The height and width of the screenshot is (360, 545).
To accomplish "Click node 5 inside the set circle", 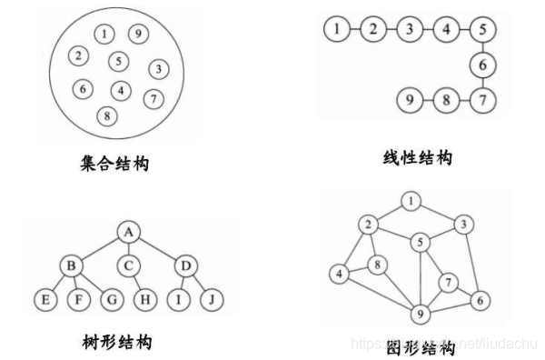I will click(117, 61).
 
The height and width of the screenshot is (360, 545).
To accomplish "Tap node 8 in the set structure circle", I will click(108, 115).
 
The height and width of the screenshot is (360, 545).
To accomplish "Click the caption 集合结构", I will click(114, 165).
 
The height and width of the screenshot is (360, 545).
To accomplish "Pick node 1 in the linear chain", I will click(336, 29).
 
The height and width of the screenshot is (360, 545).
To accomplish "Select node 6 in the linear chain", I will click(483, 65).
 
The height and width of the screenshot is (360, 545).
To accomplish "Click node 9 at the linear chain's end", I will click(410, 97).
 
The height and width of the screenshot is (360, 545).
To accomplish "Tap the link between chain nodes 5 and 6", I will click(483, 46).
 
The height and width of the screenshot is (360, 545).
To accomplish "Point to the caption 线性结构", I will click(417, 158).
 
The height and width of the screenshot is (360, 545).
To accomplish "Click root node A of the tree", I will click(129, 232).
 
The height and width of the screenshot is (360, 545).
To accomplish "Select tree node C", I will click(129, 265).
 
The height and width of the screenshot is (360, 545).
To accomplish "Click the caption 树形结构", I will click(116, 343).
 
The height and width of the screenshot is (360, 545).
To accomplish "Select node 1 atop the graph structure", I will click(412, 201).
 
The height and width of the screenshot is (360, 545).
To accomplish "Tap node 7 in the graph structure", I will click(447, 283).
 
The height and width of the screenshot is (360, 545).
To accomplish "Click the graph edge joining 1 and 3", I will click(439, 212).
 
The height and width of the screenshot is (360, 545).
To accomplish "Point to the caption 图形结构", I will click(419, 347).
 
